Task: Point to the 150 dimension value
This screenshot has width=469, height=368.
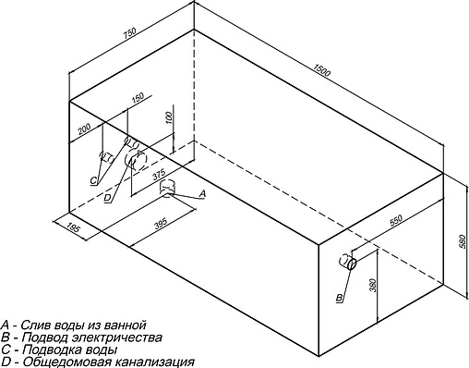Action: [x=138, y=99]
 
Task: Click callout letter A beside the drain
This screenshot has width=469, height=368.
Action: [x=202, y=192]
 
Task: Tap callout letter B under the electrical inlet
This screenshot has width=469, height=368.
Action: [x=340, y=297]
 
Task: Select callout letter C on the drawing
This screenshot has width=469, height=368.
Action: [x=93, y=179]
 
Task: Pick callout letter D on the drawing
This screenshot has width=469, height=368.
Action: [x=108, y=198]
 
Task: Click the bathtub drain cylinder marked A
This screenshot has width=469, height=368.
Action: [x=170, y=189]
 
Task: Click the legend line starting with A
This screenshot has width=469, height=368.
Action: [x=74, y=325]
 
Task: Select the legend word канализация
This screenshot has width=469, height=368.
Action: [x=148, y=362]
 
